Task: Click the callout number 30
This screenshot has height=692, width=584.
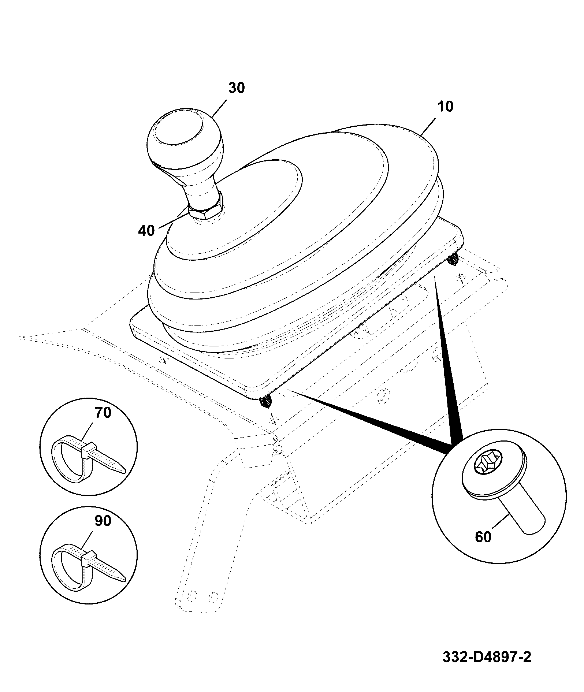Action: (x=237, y=88)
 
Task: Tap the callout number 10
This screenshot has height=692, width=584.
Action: (x=445, y=107)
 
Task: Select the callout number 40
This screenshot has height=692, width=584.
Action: (x=146, y=231)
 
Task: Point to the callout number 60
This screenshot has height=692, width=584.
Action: (x=483, y=537)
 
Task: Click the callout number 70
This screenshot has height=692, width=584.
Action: (x=103, y=413)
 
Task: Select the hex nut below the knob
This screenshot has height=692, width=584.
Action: (x=206, y=208)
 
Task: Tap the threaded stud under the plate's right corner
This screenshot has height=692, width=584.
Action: (x=453, y=260)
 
